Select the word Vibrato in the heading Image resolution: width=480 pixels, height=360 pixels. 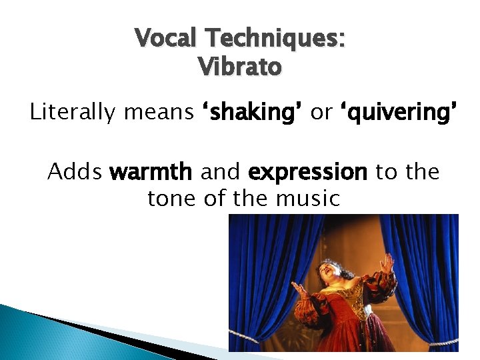click(x=240, y=66)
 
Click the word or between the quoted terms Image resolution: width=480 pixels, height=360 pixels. click(x=321, y=112)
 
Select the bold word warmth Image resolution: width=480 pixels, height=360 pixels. click(x=151, y=172)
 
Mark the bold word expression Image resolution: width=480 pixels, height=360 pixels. click(x=307, y=172)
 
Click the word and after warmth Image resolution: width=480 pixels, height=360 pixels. click(x=221, y=172)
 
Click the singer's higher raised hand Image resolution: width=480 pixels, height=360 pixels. click(x=387, y=263)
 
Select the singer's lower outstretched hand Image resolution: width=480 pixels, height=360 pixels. click(x=297, y=290)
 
